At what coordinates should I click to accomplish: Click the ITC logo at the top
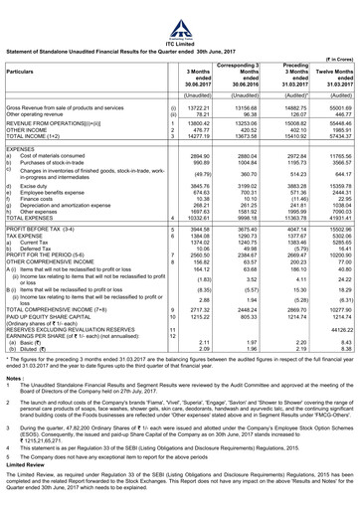pyautogui.click(x=180, y=12)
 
